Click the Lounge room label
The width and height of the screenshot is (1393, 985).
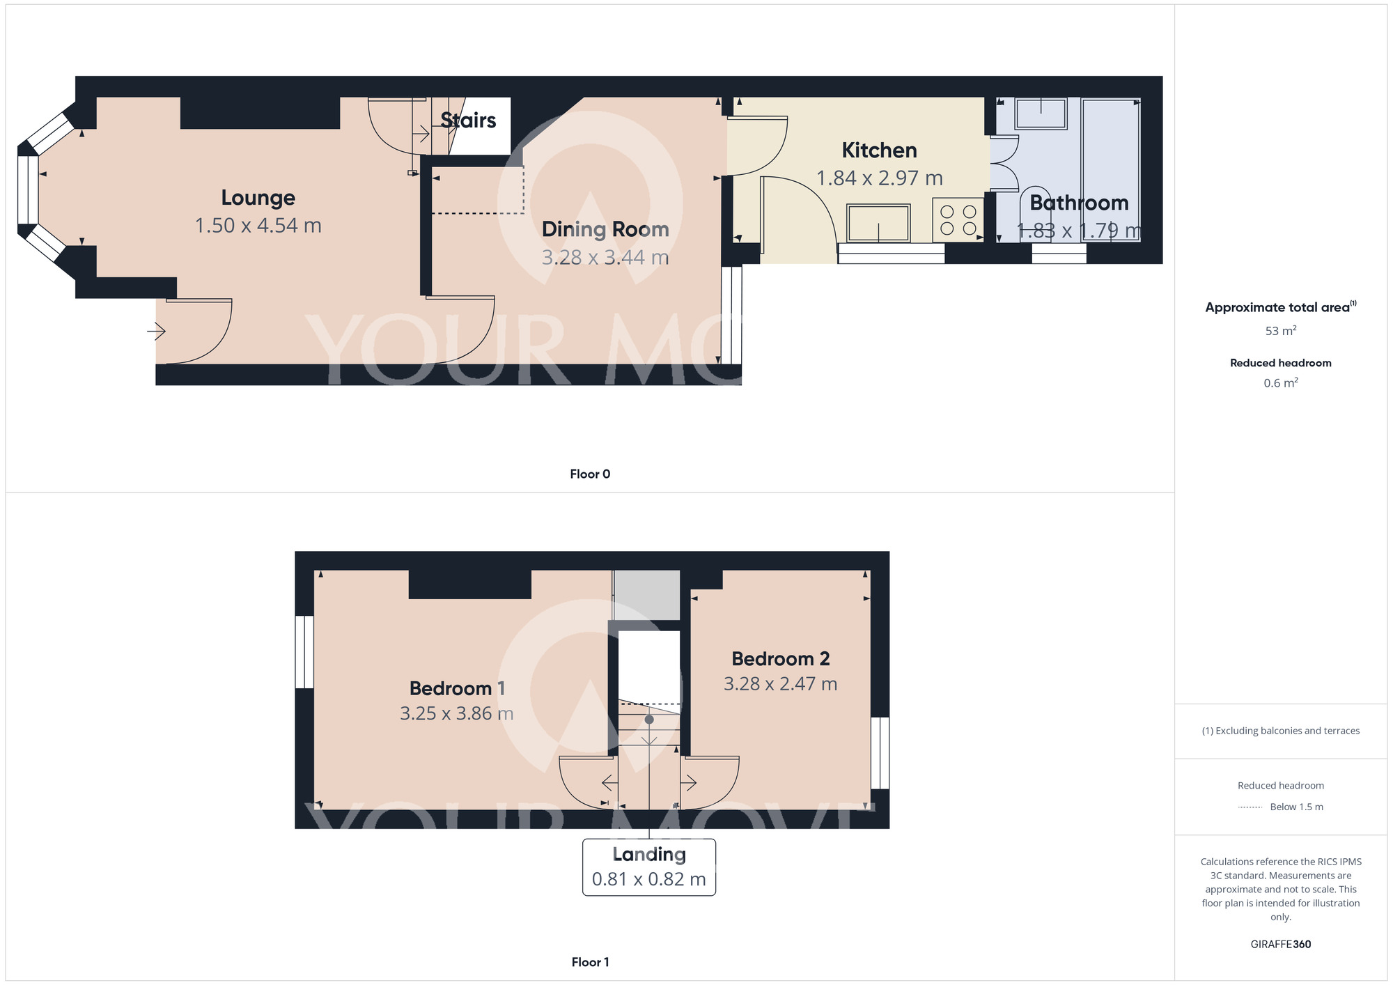(258, 198)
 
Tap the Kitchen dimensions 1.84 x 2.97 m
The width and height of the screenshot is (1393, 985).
(879, 178)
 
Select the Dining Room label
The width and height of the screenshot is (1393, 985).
(605, 229)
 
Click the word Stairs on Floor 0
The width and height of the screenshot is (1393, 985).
(468, 121)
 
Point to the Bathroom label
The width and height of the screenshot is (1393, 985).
(1078, 203)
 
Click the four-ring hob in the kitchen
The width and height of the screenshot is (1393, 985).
(958, 219)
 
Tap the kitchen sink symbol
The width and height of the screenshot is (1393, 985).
(878, 223)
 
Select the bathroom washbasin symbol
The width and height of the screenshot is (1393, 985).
(1041, 114)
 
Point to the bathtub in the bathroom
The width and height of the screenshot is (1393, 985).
(1111, 169)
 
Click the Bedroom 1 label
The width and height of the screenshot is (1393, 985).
(457, 688)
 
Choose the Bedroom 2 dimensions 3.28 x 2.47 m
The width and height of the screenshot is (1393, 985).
(780, 684)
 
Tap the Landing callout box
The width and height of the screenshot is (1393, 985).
(648, 867)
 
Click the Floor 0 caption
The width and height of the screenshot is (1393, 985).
(590, 474)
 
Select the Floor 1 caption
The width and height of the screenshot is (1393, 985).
(590, 962)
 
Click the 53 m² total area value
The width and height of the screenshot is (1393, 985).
(1280, 331)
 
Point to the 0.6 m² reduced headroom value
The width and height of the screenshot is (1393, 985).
(1280, 383)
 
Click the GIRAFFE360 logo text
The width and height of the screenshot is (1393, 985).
(1280, 945)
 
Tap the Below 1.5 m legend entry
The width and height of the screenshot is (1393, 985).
(1295, 807)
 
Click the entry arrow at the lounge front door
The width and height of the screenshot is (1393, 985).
(156, 332)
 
